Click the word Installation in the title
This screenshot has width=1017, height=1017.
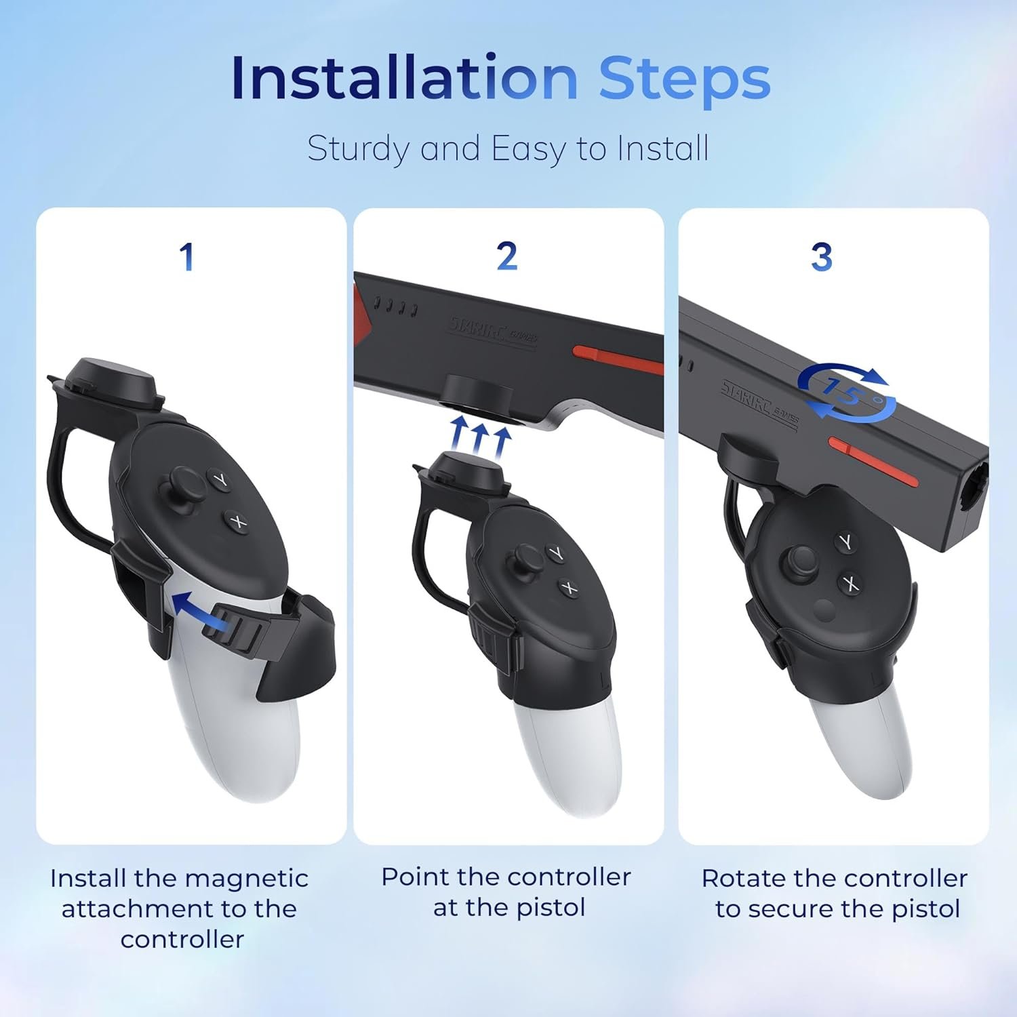click(x=404, y=77)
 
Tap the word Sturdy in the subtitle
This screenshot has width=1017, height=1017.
click(x=357, y=148)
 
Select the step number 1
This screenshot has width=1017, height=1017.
click(x=186, y=257)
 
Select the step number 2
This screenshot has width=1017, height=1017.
click(x=507, y=256)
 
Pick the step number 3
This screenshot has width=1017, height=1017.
click(x=822, y=257)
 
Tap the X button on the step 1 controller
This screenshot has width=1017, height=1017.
click(x=237, y=521)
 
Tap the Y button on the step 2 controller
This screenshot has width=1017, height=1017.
click(x=555, y=554)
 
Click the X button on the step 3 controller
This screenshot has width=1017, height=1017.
click(x=850, y=583)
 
